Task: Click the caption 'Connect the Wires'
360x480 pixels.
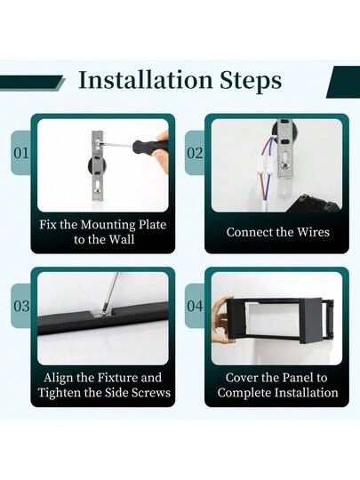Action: tap(277, 232)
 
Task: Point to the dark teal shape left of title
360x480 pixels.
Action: tap(32, 82)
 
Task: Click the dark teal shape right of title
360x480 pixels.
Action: tap(343, 82)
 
